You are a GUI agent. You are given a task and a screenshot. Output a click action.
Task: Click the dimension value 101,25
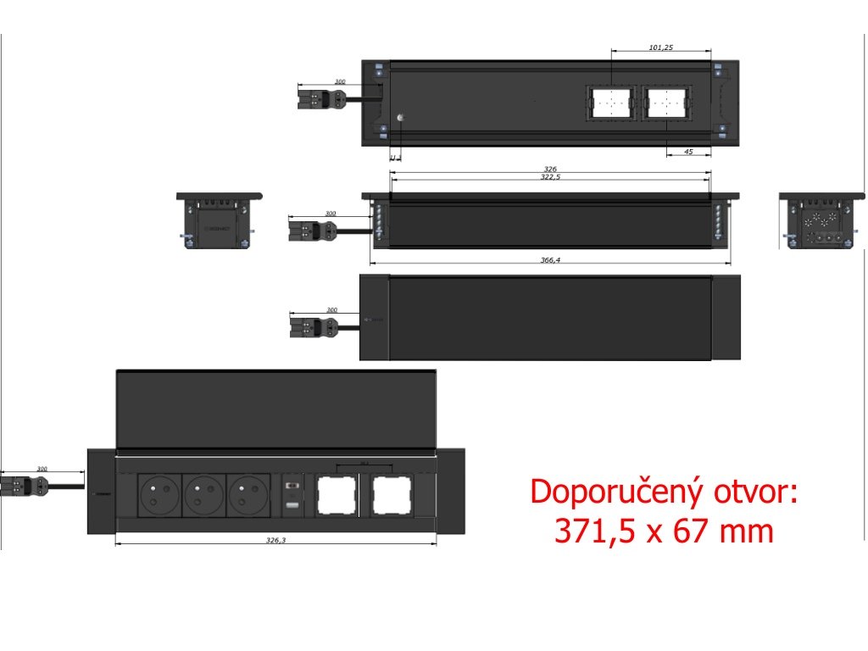pyautogui.click(x=661, y=47)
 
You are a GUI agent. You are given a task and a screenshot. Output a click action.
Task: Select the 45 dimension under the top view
pyautogui.click(x=688, y=152)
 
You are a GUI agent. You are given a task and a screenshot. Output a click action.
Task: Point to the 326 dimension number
pyautogui.click(x=549, y=170)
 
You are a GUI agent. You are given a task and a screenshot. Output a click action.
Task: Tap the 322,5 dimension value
pyautogui.click(x=549, y=178)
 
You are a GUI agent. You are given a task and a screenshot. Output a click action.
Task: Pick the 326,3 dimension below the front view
pyautogui.click(x=275, y=540)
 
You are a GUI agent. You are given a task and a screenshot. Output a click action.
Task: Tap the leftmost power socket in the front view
pyautogui.click(x=159, y=495)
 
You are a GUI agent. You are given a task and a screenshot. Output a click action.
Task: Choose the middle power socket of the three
pyautogui.click(x=203, y=495)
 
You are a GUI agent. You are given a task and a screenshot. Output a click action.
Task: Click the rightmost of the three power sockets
pyautogui.click(x=248, y=495)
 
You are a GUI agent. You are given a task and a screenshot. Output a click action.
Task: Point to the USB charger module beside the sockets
pyautogui.click(x=292, y=496)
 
